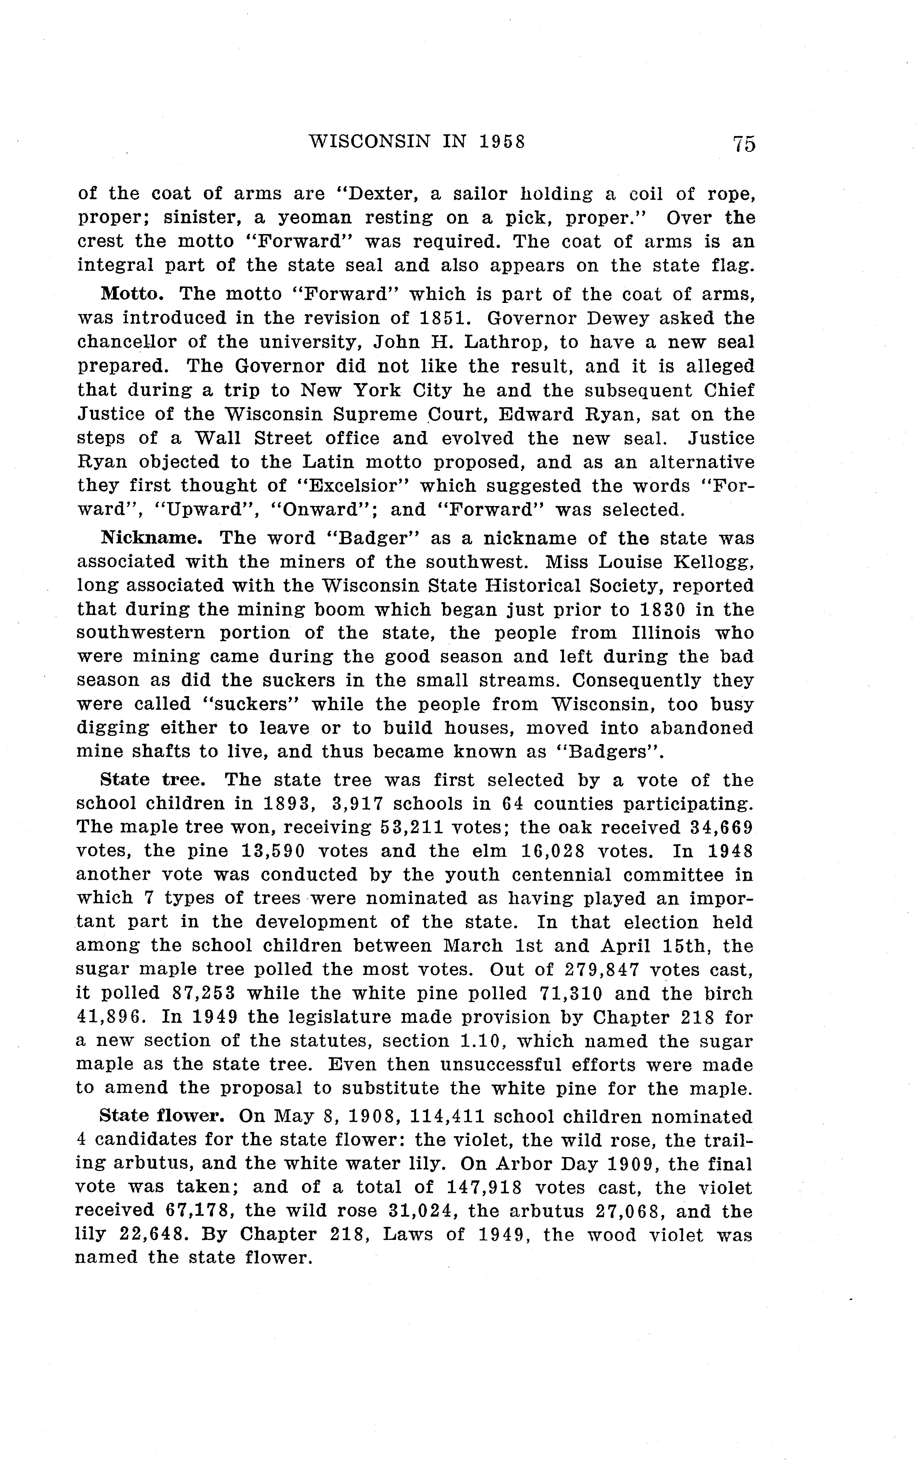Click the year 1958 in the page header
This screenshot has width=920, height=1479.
(502, 142)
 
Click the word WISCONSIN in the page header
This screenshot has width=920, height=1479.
(370, 142)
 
